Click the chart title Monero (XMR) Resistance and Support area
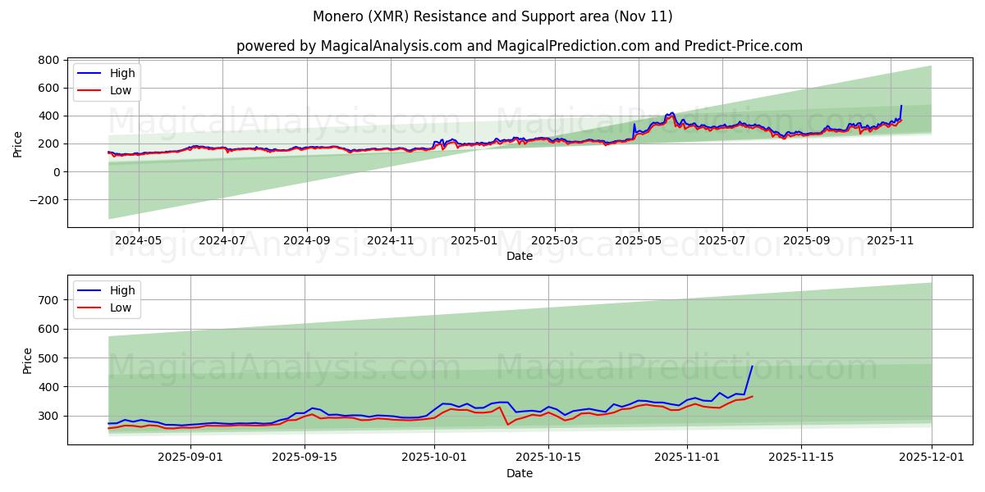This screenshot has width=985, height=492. pos(492,16)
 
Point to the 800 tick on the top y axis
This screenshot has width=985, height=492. pos(48,60)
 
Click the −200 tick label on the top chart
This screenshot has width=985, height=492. pos(43,199)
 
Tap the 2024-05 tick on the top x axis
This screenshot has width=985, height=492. pos(138,241)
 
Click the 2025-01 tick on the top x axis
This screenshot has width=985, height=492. pos(474,241)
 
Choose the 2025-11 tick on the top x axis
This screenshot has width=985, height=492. pos(891,241)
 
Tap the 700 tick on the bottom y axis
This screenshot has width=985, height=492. pos(48,300)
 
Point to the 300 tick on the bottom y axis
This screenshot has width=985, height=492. pos(48,416)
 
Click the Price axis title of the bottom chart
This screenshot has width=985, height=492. pos(28,361)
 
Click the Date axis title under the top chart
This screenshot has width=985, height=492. pos(519,256)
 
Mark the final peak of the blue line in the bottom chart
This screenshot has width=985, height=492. pos(752,367)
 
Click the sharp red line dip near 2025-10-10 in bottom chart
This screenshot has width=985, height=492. pos(508,424)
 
